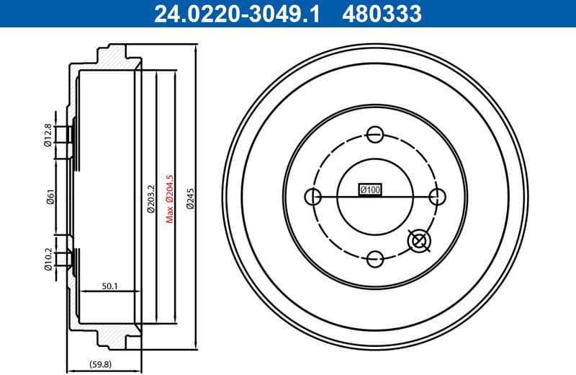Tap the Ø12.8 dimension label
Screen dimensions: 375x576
tap(48, 135)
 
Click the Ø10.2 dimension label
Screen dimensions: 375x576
tap(48, 258)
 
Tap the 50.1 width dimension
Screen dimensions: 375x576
tap(109, 286)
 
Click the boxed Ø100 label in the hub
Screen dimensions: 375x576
tap(370, 190)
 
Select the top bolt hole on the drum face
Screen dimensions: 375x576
tap(374, 134)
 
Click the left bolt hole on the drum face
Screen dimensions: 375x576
tap(313, 196)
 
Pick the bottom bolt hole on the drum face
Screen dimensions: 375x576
tap(374, 257)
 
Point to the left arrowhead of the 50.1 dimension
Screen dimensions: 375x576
tap(81, 292)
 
